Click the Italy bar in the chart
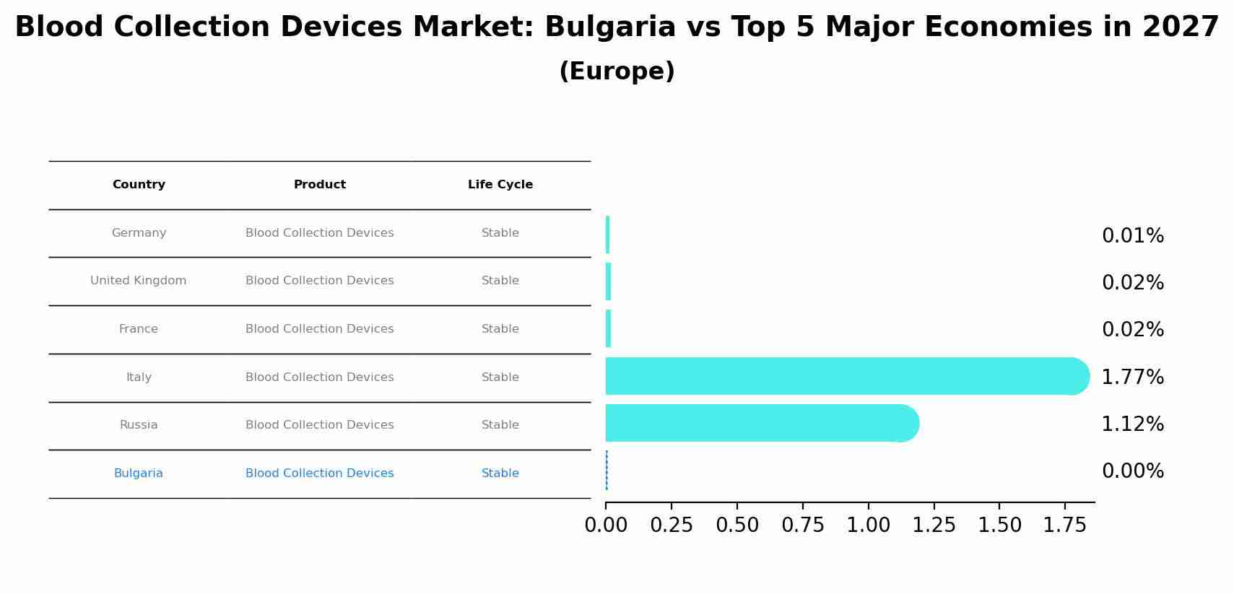pos(845,376)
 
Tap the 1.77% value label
pos(1132,377)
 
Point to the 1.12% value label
pos(1132,424)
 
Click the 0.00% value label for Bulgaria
pos(1132,471)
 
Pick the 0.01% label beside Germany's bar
pos(1132,236)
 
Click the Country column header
pos(139,185)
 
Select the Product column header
pos(319,185)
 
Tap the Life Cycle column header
pos(500,185)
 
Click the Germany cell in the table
pos(139,233)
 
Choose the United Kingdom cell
pos(138,281)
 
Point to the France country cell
pos(138,329)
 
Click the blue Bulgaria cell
pos(138,473)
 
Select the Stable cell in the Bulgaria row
pos(500,473)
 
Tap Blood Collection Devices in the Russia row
pos(319,425)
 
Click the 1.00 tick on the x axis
pos(868,525)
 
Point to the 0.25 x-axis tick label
pos(671,525)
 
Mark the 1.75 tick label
pos(1064,525)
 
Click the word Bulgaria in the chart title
pos(609,27)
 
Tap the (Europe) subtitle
pos(617,71)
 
